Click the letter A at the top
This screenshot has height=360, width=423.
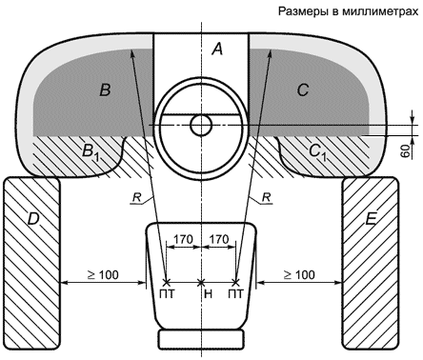(x=217, y=50)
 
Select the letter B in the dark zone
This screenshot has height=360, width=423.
(x=105, y=90)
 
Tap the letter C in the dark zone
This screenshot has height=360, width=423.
(x=303, y=90)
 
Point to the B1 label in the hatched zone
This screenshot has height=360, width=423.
(x=91, y=151)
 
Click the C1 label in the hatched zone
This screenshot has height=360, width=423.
(x=318, y=151)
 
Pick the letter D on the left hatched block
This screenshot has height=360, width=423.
(x=33, y=219)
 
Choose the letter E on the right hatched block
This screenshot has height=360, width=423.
(x=371, y=219)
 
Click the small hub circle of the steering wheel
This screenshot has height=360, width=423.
(x=201, y=125)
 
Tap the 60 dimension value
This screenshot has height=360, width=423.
(x=404, y=151)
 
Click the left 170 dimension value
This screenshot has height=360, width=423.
(x=183, y=239)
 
